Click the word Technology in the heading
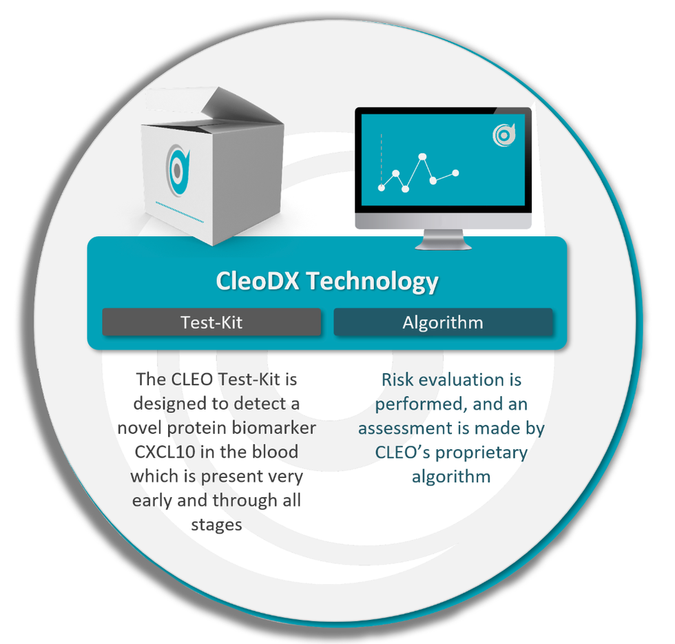pos(371,281)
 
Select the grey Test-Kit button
pos(211,322)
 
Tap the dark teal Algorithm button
pos(443,322)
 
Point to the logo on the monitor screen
pos(504,136)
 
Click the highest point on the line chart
pos(423,157)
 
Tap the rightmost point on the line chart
pos(455,173)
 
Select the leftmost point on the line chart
pos(382,187)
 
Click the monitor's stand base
pos(444,245)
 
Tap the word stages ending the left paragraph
pos(216,524)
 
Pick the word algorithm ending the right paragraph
pos(451,476)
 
